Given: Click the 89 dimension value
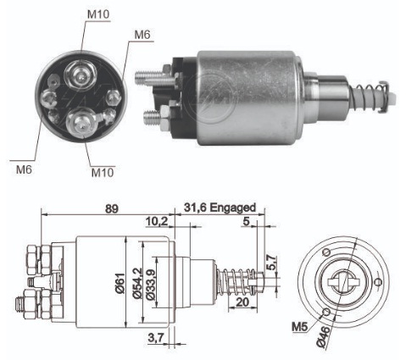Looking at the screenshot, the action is (x=111, y=209).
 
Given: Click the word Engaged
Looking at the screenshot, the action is (x=233, y=208).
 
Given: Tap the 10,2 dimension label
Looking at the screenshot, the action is (x=157, y=222).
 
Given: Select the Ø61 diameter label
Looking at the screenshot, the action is (x=120, y=283).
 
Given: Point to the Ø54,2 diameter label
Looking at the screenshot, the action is (x=137, y=283).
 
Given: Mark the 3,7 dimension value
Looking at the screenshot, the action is (x=156, y=337).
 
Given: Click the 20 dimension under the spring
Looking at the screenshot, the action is (x=242, y=302).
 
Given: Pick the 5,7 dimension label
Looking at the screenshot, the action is (x=270, y=263).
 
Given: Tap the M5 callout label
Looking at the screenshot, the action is (x=299, y=327).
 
